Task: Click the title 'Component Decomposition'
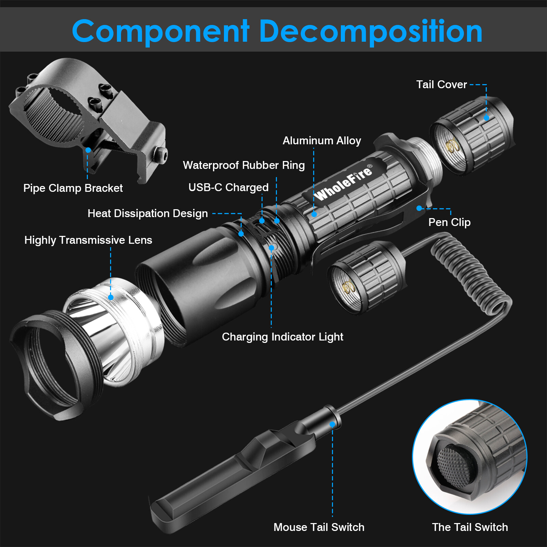pos(277,31)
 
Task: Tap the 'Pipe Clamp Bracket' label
pos(73,188)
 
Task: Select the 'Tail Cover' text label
pos(441,84)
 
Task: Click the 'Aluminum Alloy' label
pos(322,141)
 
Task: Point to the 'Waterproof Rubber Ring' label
pos(244,165)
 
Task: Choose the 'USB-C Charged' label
pos(228,187)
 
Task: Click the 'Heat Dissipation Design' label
pos(148,213)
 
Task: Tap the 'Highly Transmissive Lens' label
pos(88,240)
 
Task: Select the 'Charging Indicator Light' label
pos(282,337)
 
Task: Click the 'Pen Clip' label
pos(449,222)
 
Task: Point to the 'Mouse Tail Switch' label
pos(319,527)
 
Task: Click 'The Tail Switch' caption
pos(470,527)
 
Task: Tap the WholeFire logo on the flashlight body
pos(344,183)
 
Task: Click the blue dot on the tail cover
pos(486,118)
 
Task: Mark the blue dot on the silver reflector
pos(111,297)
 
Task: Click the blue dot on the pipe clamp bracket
pos(88,150)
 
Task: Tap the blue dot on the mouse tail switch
pos(332,424)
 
